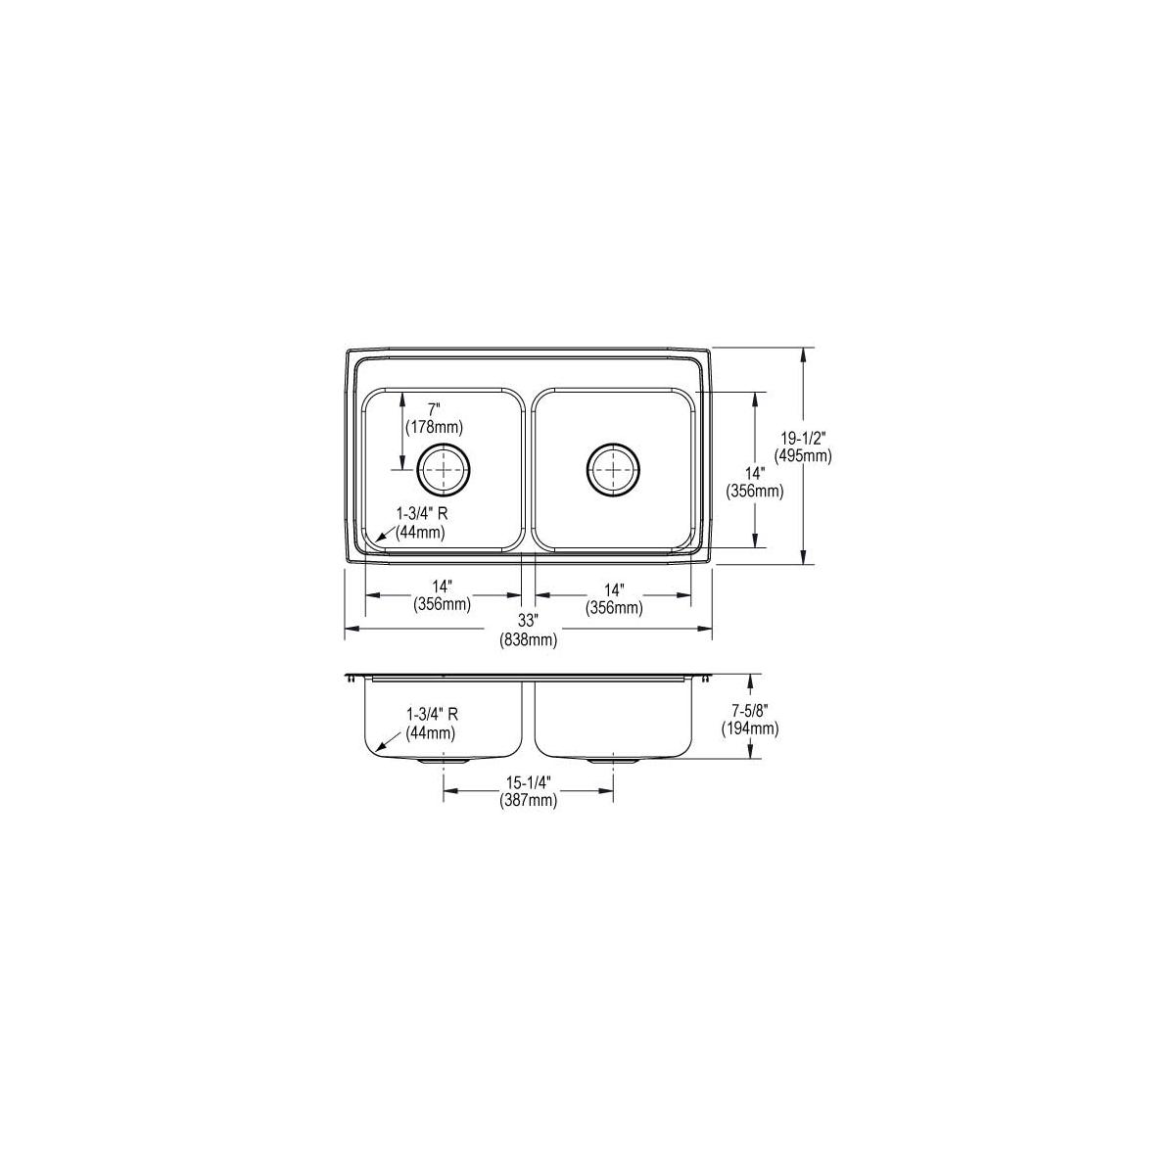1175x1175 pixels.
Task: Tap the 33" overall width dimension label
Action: pos(528,621)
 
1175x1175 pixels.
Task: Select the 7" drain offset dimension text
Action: pos(434,408)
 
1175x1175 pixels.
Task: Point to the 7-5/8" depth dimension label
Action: pos(749,710)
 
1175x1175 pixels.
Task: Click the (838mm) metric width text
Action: pos(528,639)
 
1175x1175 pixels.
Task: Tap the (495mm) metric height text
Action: pos(803,455)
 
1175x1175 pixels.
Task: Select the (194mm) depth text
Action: pos(749,728)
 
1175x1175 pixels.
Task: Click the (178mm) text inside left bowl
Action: pos(434,427)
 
